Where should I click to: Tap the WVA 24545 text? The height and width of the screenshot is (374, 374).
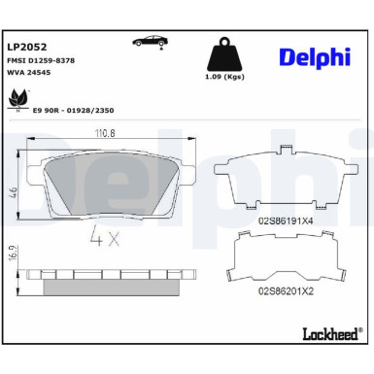click(x=29, y=74)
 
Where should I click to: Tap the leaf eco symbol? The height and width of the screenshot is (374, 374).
click(x=18, y=98)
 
